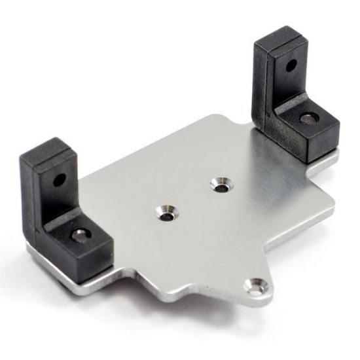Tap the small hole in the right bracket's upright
point(291,65)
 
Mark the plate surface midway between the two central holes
point(193,199)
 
